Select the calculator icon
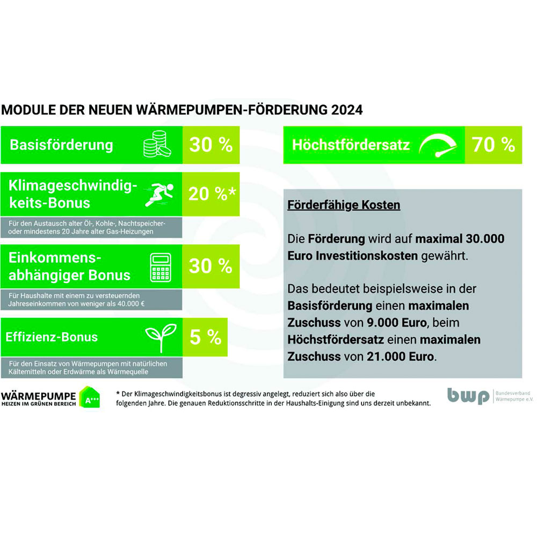[159, 266]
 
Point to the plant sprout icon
[159, 337]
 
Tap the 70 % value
[493, 144]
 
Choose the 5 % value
[205, 337]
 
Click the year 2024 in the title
[347, 110]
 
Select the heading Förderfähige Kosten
[344, 205]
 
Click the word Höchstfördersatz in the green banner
[351, 145]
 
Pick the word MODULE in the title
[24, 110]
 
